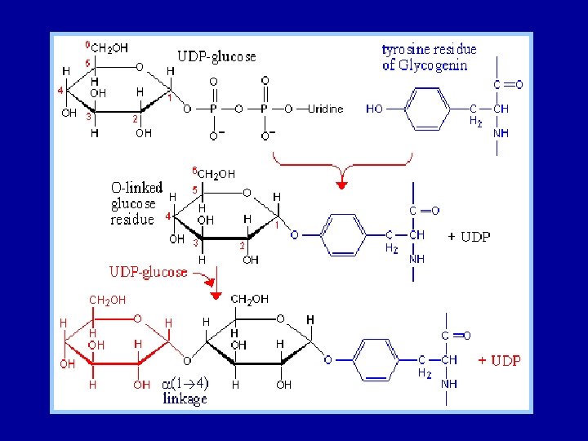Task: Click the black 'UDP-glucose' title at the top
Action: pos(216,56)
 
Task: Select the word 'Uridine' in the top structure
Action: pos(327,108)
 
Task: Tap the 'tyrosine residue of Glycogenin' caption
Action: pos(429,57)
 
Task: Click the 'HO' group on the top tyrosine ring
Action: pos(375,108)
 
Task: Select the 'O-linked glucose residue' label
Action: pos(134,203)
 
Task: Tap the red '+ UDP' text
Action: pos(499,360)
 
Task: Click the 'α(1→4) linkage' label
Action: pos(186,391)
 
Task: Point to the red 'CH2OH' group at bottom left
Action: pos(107,300)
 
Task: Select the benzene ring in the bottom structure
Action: pos(376,359)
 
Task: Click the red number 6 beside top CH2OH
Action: pos(88,44)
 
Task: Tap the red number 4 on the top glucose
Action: pos(60,91)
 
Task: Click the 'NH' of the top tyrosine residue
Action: pos(500,132)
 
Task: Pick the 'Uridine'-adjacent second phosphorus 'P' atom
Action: pos(264,108)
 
